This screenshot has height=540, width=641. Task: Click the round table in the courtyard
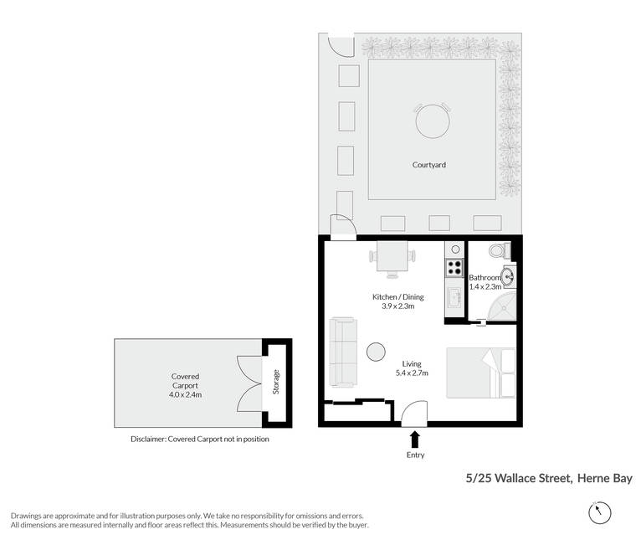pos(433,121)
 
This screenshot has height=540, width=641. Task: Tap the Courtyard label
pos(428,165)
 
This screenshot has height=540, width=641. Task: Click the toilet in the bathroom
pos(500,250)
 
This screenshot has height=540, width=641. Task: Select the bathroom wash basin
pos(508,277)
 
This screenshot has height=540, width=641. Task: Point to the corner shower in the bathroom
pos(502,306)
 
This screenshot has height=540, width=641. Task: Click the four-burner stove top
pos(454,268)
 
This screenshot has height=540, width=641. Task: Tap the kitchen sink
pos(454,298)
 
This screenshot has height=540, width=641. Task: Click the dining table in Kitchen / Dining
pos(392,256)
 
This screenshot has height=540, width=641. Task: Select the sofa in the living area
pos(343,352)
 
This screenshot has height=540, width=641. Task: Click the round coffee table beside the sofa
pos(376,352)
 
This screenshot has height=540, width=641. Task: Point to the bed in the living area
pos(480,373)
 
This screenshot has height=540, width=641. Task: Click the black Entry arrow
pos(415,439)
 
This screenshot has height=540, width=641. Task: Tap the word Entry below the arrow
pos(415,455)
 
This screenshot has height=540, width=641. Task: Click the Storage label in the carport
pos(276,382)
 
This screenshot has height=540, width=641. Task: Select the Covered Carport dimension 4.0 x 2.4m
pos(185,395)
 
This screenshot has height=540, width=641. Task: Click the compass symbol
pos(600,512)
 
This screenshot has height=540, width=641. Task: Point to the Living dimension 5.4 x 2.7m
pos(412,373)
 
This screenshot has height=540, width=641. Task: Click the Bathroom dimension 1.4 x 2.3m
pos(485,287)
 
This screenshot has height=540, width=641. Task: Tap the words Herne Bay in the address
pos(605,478)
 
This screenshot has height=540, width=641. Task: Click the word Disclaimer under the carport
pos(147,439)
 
